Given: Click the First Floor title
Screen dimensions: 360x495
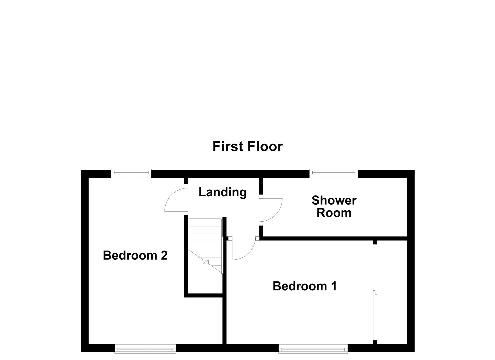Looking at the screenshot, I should [x=247, y=147].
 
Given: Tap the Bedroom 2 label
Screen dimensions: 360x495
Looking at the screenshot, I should [x=135, y=255].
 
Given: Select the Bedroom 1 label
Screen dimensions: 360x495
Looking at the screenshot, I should [x=304, y=286].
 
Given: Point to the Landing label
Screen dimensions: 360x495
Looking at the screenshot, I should [x=222, y=192].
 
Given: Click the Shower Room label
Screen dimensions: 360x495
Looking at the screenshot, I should [x=334, y=206].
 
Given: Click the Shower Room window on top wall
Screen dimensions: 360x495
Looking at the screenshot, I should [x=333, y=172].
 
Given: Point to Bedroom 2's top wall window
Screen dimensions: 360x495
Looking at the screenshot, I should [x=131, y=172].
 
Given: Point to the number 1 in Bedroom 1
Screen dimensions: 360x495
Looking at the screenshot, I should [x=333, y=286].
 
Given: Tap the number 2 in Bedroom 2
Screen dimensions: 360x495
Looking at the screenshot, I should [x=164, y=255].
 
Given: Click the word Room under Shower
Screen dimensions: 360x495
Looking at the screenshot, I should [x=334, y=213].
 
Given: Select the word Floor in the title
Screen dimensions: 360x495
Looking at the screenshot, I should [x=265, y=147].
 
